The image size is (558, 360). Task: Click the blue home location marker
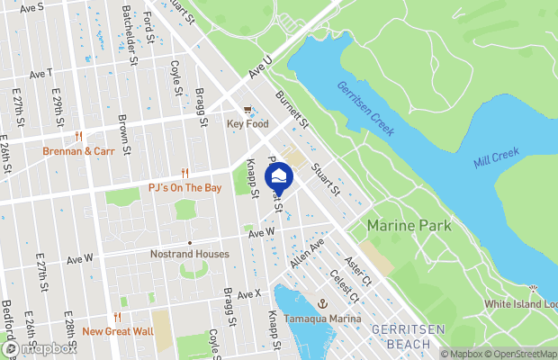[x=280, y=177]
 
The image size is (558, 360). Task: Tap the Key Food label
[x=247, y=124]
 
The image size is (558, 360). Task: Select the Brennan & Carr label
[x=78, y=151]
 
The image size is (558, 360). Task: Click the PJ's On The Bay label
[x=184, y=188]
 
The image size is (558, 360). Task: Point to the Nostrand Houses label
[x=189, y=255]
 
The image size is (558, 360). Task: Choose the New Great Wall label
[x=117, y=331]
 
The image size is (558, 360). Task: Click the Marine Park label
[x=409, y=225]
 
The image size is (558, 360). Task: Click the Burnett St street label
[x=292, y=107]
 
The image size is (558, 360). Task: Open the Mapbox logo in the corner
[x=39, y=348]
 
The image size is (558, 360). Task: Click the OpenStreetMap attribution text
[x=524, y=354]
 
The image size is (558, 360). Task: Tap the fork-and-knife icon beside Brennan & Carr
[x=79, y=136]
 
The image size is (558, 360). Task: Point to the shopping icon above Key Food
[x=247, y=110]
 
